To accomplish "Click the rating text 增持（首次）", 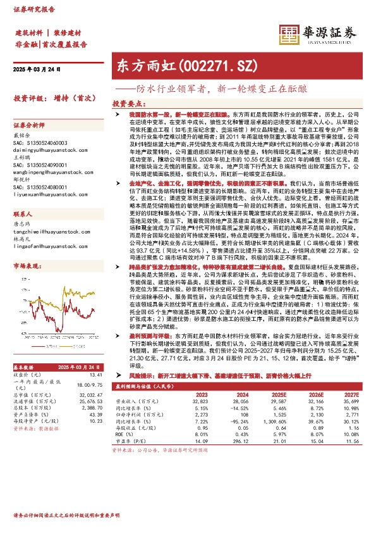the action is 70,99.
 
